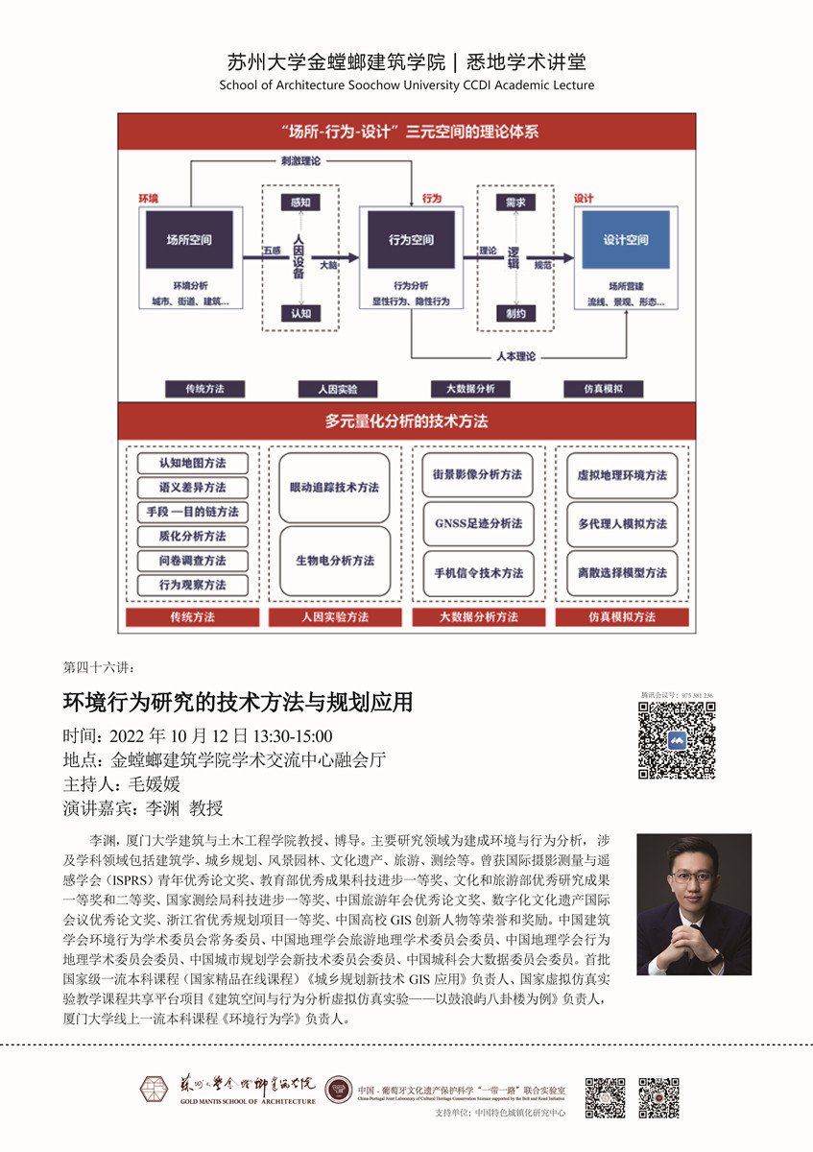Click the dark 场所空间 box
(x=188, y=240)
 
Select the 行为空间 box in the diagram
(x=411, y=240)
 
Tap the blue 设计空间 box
(x=625, y=240)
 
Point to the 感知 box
(x=295, y=203)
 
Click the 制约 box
(x=516, y=314)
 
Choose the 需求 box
(x=516, y=203)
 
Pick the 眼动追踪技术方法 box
(x=334, y=488)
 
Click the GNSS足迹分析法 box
(x=479, y=524)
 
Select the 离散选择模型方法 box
(x=622, y=573)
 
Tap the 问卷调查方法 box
(x=193, y=561)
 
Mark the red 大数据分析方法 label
(x=479, y=617)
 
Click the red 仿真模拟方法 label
(x=622, y=617)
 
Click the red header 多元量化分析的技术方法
(x=406, y=421)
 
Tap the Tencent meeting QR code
(x=677, y=740)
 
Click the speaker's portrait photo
(x=694, y=904)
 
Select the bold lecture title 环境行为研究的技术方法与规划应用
(x=238, y=703)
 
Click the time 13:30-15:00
(x=292, y=737)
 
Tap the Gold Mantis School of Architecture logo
(x=228, y=1089)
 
